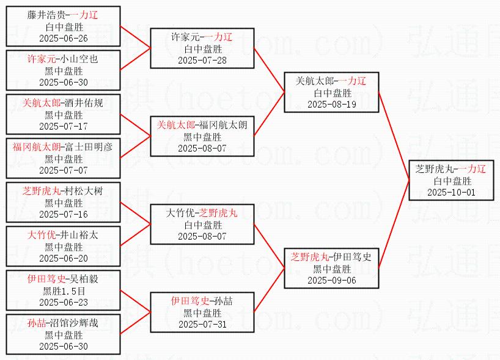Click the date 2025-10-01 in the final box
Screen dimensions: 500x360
[452, 193]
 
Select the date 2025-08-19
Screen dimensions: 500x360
[332, 105]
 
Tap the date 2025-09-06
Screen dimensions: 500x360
[332, 281]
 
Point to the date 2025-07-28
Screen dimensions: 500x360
[202, 61]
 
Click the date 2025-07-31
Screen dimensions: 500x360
[202, 324]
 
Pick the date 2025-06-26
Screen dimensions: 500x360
[64, 39]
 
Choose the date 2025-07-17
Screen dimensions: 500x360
[64, 127]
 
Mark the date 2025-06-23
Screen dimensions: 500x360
[64, 302]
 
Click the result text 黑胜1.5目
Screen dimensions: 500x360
[64, 291]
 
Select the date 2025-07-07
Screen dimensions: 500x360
[64, 170]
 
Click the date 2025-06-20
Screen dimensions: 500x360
[64, 258]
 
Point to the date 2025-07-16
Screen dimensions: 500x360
[64, 214]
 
